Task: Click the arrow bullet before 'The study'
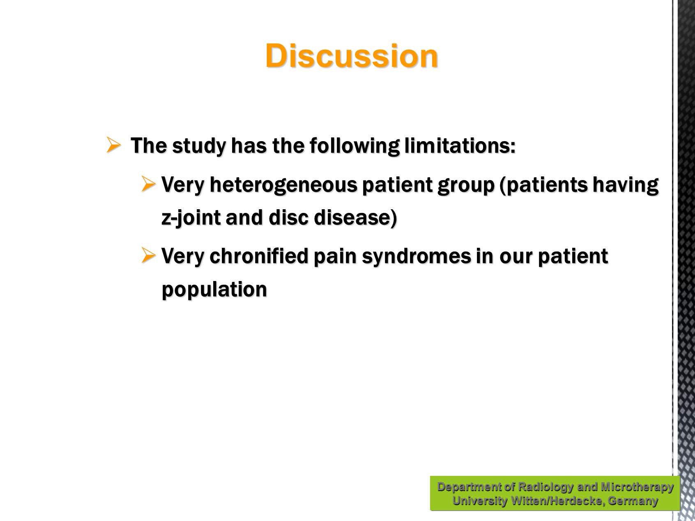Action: pyautogui.click(x=113, y=145)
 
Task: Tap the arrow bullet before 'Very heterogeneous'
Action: pyautogui.click(x=148, y=184)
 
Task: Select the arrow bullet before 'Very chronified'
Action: pyautogui.click(x=148, y=255)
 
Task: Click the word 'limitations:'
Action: pyautogui.click(x=460, y=146)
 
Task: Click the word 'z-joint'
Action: pyautogui.click(x=191, y=218)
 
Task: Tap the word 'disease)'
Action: pyautogui.click(x=355, y=217)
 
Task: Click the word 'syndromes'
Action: pyautogui.click(x=416, y=257)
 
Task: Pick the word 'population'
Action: pyautogui.click(x=214, y=290)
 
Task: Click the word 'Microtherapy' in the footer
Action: pyautogui.click(x=637, y=487)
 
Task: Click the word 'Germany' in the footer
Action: pyautogui.click(x=633, y=501)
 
